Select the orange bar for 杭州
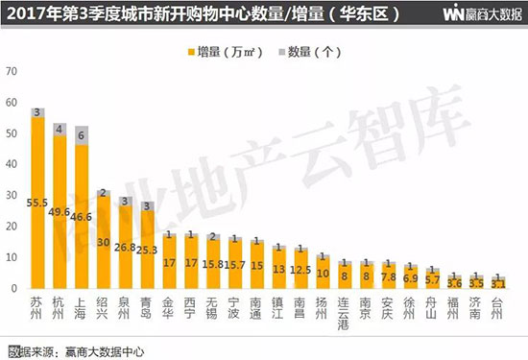pos(60,211)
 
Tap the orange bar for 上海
pos(82,216)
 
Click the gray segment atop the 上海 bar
pos(82,135)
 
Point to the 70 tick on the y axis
pos(12,70)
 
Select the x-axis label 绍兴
pos(104,307)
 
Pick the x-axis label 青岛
pos(147,307)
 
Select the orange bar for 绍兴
pos(104,245)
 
